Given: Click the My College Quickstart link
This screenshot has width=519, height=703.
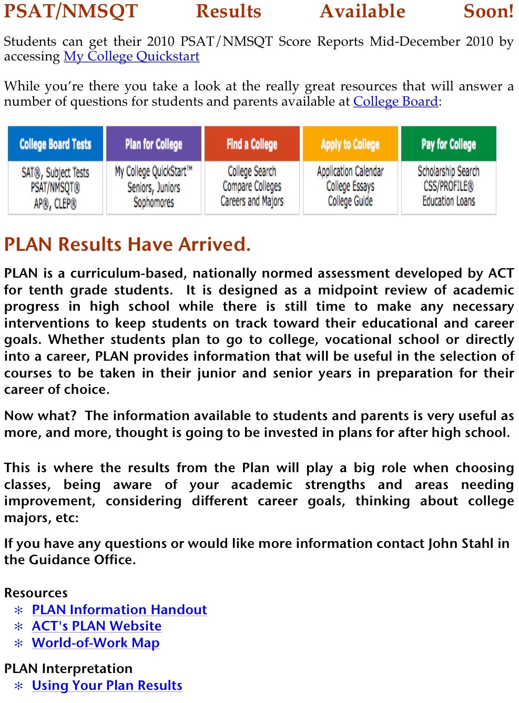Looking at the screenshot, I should click(x=131, y=56).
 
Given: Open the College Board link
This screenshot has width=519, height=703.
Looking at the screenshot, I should click(x=395, y=101).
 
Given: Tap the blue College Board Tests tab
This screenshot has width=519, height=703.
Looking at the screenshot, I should click(x=55, y=144).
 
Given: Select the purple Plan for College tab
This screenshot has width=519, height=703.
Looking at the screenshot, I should click(x=154, y=144).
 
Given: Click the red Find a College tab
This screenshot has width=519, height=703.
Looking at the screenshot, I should click(x=252, y=144).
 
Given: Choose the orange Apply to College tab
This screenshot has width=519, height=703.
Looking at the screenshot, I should click(x=350, y=144).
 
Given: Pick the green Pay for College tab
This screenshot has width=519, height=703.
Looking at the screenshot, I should click(x=449, y=144).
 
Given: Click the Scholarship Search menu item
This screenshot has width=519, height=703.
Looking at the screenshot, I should click(x=449, y=171).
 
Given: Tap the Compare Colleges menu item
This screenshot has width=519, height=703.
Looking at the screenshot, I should click(x=252, y=186).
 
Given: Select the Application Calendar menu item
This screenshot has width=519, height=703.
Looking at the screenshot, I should click(x=350, y=171).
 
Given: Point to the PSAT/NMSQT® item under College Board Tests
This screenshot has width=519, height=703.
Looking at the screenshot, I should click(x=55, y=188).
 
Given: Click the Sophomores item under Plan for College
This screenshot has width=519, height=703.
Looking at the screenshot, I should click(x=154, y=202).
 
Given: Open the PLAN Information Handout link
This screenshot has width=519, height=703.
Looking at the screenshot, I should click(x=119, y=609).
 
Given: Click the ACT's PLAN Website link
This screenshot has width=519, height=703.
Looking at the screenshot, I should click(x=97, y=626).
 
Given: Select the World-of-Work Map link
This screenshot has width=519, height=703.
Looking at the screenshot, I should click(x=96, y=643).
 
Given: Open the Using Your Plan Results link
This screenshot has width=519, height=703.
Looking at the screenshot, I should click(x=107, y=685).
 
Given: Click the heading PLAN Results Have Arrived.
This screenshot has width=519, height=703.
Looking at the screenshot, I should click(x=127, y=244).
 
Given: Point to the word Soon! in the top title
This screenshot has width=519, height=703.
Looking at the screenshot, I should click(x=488, y=12).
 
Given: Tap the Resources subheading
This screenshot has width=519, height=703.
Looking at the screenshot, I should click(x=36, y=593).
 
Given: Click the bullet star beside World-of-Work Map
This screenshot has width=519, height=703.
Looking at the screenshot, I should click(x=19, y=643).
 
